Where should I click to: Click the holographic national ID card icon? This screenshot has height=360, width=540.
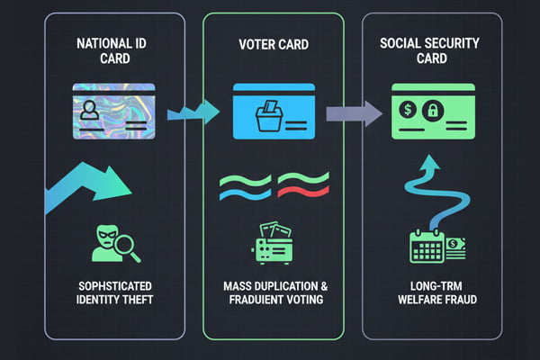[114, 111]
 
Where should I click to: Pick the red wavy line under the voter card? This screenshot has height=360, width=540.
[303, 185]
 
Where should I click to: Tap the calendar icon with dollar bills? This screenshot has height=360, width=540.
[432, 245]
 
